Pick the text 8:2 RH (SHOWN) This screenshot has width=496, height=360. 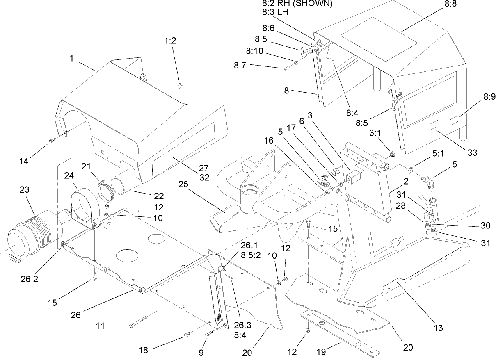point(297,4)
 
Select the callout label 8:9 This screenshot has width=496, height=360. point(489,97)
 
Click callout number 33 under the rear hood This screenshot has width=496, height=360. point(473,153)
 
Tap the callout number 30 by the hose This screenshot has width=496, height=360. point(485,226)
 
